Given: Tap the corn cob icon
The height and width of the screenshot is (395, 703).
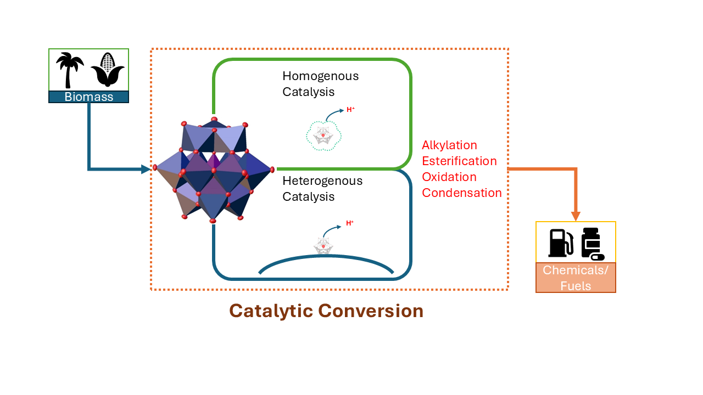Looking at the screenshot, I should pos(108,70).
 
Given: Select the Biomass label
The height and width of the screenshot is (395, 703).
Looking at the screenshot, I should pos(88,97).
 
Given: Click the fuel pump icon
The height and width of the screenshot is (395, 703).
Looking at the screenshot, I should pos(561,242).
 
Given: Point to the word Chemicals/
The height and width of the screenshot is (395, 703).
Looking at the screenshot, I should pos(576,270).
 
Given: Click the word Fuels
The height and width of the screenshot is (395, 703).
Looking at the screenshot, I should pos(576,286).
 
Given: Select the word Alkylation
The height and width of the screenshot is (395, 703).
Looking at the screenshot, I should pos(449,145).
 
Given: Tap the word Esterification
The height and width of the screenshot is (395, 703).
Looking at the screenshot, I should pos(459,161).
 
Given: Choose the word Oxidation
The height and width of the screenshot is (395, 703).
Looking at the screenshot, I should pos(449,177).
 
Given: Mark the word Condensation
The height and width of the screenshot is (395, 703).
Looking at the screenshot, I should pos(461,193).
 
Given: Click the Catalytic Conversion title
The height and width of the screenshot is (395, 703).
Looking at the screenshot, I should pos(326,311).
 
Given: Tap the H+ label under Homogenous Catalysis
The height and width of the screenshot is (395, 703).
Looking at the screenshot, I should pos(350,110).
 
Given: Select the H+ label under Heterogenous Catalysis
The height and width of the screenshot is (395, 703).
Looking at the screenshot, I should pos(350,223).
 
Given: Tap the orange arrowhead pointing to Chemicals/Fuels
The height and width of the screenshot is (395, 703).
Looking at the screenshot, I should pos(576,216).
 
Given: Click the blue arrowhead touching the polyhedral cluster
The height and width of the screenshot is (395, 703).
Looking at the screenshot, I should pos(146,170).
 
